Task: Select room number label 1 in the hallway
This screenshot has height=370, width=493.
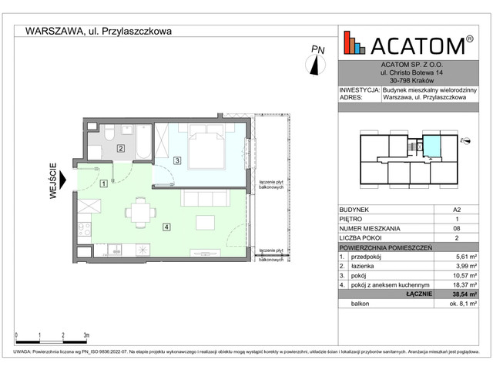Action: click(103, 183)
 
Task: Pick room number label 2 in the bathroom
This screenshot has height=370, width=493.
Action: click(121, 148)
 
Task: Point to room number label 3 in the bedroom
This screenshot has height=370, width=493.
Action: click(176, 160)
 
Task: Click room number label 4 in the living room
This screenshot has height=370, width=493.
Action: click(166, 227)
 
